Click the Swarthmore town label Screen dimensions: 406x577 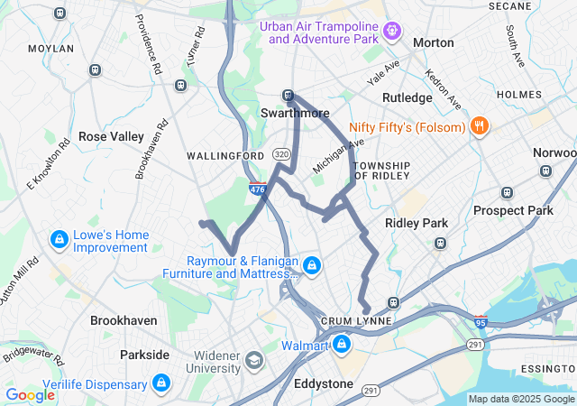click(295, 114)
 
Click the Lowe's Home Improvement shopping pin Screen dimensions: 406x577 click(59, 240)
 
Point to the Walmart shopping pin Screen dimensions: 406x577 click(342, 345)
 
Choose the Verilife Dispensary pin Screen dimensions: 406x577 click(161, 382)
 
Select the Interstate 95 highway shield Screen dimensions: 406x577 click(480, 321)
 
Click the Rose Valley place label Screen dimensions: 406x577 click(111, 136)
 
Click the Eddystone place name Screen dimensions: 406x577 click(324, 383)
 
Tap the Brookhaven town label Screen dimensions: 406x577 click(124, 320)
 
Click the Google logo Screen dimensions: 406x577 click(30, 395)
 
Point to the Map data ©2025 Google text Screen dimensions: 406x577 click(521, 399)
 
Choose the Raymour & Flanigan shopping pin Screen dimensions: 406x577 click(312, 265)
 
